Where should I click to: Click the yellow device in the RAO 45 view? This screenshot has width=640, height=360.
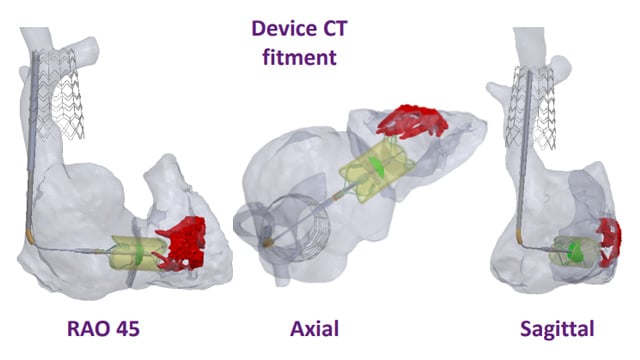(133, 254)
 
